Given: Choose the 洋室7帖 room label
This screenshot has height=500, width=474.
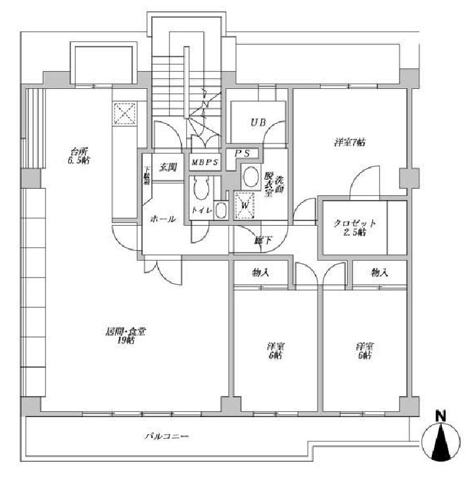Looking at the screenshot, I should (350, 142).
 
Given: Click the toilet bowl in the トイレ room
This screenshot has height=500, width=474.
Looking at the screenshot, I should (201, 190).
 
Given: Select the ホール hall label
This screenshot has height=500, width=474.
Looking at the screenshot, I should (162, 219).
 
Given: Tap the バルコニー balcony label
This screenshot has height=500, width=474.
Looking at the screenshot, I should (167, 437).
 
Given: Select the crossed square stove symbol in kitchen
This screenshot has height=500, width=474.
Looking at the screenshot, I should (124, 113).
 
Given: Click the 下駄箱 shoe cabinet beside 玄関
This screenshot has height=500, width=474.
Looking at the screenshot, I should (147, 176).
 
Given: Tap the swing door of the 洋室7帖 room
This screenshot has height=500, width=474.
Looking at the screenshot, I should (364, 181).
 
